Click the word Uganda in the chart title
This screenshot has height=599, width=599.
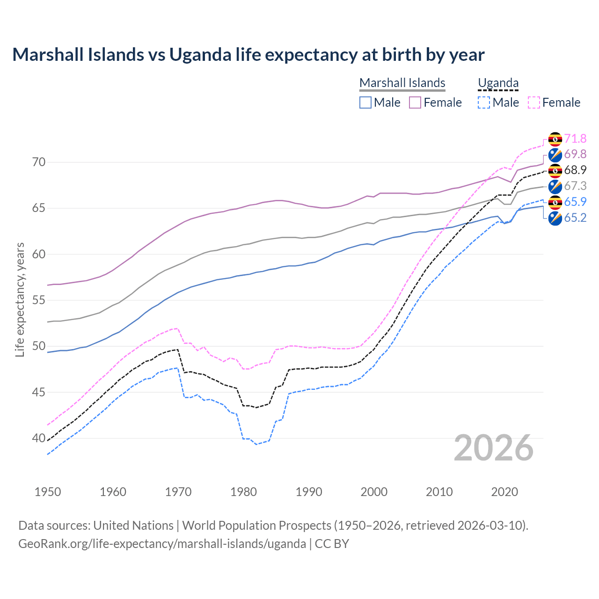[x=200, y=55]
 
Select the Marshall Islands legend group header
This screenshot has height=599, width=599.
[x=402, y=83]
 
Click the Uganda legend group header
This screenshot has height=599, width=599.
[x=498, y=83]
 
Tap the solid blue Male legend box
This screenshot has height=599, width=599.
[x=365, y=102]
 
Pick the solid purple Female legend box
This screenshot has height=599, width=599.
[x=415, y=102]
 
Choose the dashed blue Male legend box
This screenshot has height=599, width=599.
[x=484, y=102]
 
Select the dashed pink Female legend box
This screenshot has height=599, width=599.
[x=534, y=102]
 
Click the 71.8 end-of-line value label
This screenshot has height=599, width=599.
[x=575, y=139]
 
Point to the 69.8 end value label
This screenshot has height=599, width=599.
[x=575, y=154]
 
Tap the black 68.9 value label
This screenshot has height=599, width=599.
[x=575, y=170]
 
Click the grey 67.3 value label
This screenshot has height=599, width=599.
[x=575, y=186]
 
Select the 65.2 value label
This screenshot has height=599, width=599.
[x=575, y=218]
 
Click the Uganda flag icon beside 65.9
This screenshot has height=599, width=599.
[x=555, y=202]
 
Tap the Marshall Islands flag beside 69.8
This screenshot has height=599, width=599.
[x=555, y=154]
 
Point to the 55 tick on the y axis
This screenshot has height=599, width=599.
[x=39, y=300]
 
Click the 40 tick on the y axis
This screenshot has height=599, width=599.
[x=39, y=438]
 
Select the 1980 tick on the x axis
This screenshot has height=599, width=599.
[x=243, y=492]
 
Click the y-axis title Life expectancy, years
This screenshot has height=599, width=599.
[x=20, y=299]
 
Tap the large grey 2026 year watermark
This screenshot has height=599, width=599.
[x=494, y=448]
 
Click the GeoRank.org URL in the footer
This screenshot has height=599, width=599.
[x=162, y=544]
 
